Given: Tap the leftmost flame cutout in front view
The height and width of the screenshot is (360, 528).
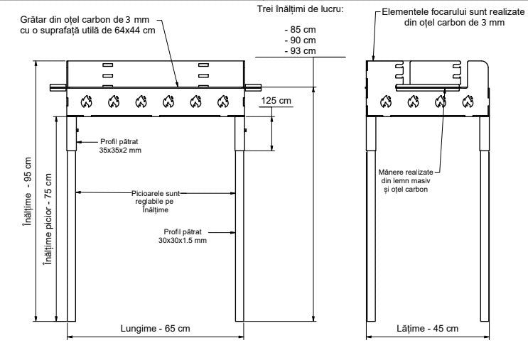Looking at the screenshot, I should pos(85,101).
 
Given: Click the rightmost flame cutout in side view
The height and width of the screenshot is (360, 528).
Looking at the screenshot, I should pos(467,101).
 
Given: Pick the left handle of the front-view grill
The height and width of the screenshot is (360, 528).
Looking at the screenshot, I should pos(57,87).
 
